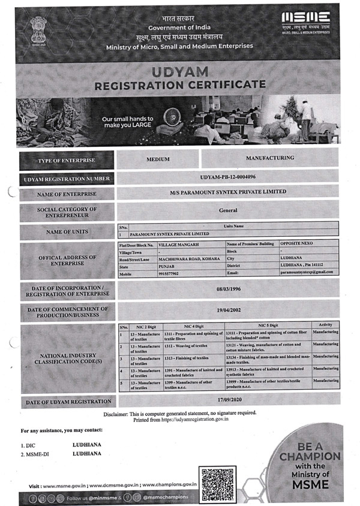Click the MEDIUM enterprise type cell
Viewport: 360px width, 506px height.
(x=158, y=159)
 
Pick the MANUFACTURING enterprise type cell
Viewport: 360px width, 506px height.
(x=270, y=158)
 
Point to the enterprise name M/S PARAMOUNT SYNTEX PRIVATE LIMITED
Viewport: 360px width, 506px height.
(x=228, y=192)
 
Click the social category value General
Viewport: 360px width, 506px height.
(x=228, y=210)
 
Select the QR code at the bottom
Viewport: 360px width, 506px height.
(x=218, y=483)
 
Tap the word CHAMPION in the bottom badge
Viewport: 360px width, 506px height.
(x=310, y=457)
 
